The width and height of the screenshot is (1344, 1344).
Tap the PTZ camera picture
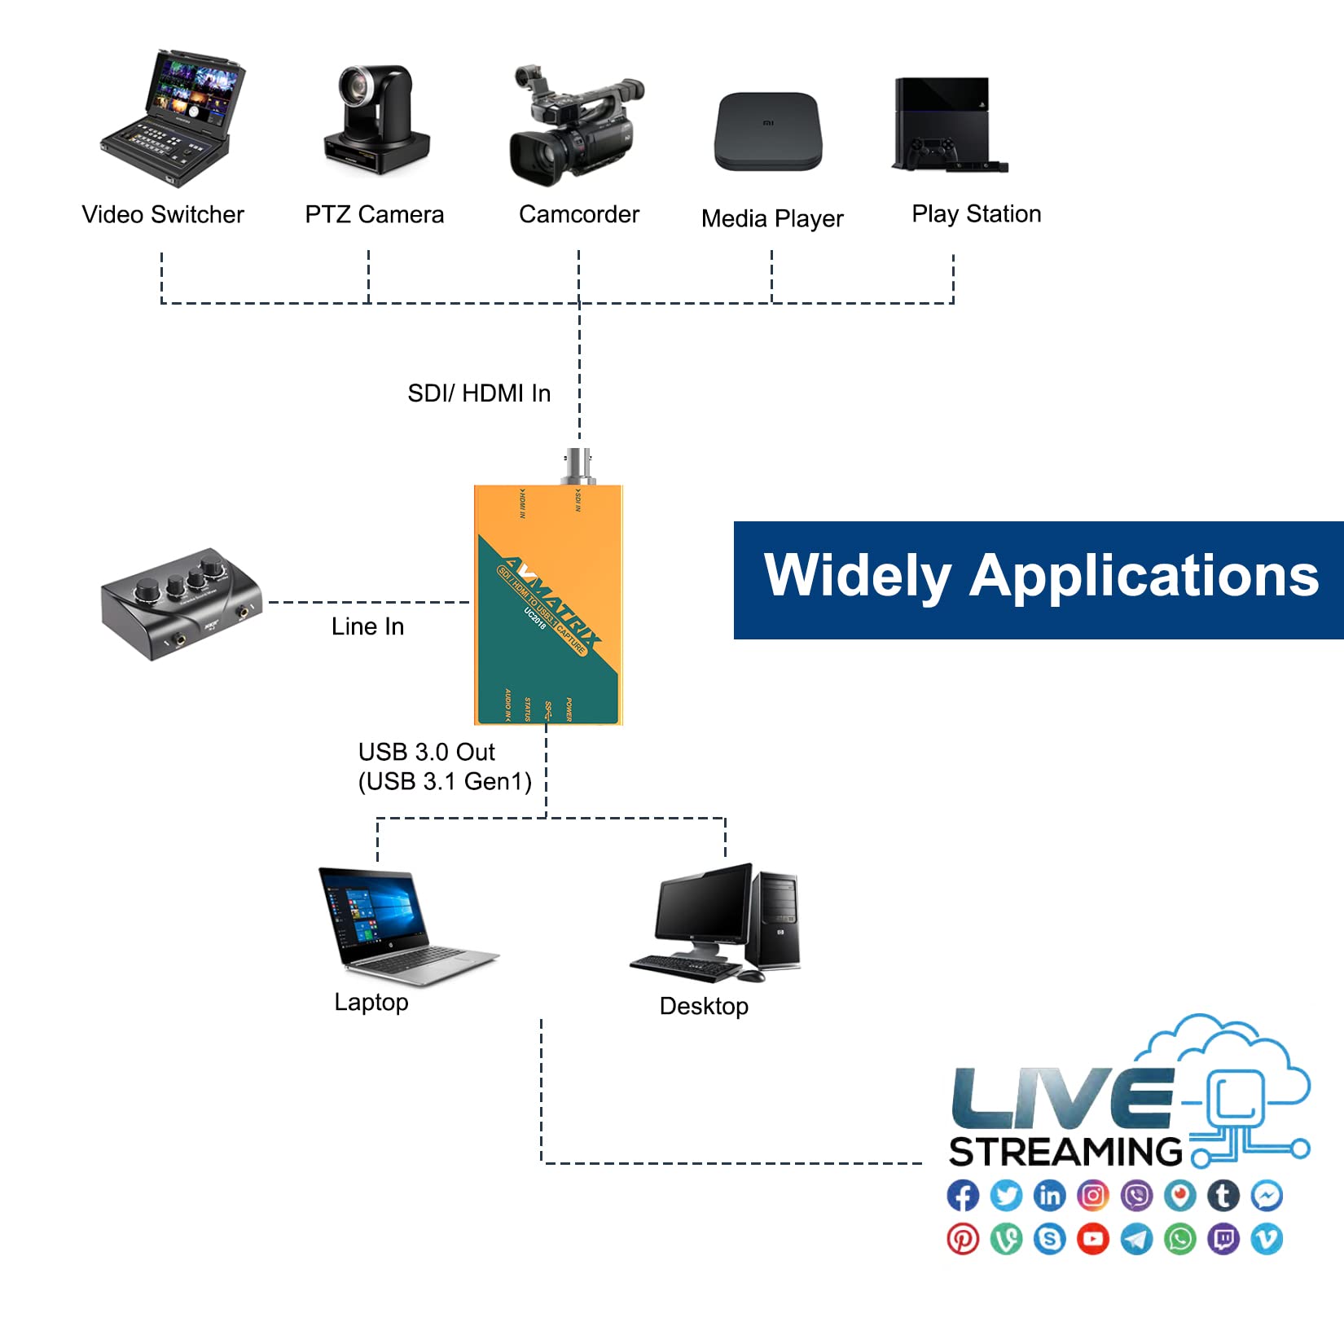376,118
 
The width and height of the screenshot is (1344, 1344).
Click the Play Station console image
945,124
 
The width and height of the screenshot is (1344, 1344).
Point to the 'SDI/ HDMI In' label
479,393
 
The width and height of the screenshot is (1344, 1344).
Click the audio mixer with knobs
181,603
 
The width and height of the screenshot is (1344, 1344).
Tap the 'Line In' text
367,626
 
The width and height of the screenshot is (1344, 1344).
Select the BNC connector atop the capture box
578,466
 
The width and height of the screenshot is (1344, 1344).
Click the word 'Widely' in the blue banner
857,577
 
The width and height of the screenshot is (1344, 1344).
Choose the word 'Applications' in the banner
1144,577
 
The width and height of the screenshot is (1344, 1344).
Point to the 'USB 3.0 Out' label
427,752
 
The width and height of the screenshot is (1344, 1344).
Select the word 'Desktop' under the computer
704,1006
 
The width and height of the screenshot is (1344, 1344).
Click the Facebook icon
963,1196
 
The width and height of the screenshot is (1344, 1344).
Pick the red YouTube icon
1093,1239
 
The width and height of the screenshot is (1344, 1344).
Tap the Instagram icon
1093,1196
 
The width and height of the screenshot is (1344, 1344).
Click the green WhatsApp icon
1180,1239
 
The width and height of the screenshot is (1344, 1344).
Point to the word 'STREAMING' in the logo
1065,1152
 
